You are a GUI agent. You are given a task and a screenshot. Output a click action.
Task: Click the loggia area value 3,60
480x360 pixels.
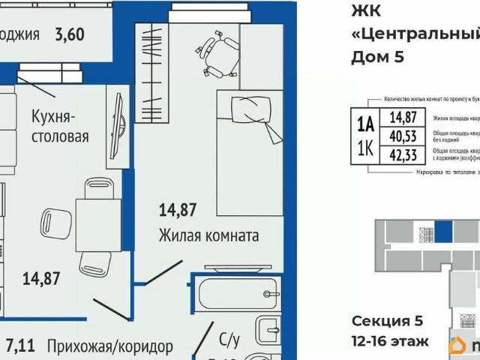pyautogui.click(x=70, y=34)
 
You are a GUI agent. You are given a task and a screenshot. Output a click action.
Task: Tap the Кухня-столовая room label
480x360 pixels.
pyautogui.click(x=60, y=127)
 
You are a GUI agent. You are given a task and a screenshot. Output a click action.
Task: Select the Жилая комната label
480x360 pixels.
pyautogui.click(x=208, y=235)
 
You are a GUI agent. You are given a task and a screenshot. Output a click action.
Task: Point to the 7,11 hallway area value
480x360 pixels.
pyautogui.click(x=19, y=346)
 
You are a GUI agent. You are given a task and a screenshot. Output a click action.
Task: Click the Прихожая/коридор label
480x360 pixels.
pyautogui.click(x=109, y=346)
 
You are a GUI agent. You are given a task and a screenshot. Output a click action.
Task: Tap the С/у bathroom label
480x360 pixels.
pyautogui.click(x=228, y=339)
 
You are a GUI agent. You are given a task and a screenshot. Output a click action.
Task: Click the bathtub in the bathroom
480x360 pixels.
pyautogui.click(x=238, y=292)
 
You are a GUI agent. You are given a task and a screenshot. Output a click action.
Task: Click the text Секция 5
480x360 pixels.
pyautogui.click(x=387, y=321)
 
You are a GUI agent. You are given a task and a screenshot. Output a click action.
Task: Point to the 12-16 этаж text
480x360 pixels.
pyautogui.click(x=390, y=342)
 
